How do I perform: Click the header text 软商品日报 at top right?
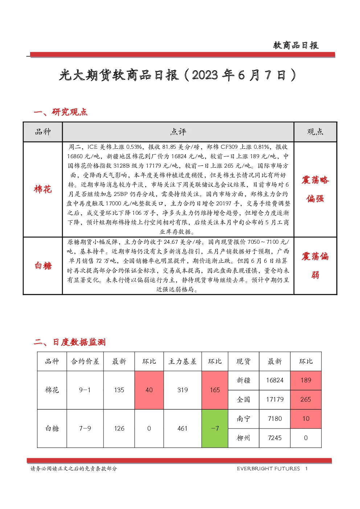(296, 45)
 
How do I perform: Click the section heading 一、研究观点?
(61, 112)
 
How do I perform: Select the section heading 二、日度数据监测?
(70, 342)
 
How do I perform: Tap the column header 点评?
(178, 132)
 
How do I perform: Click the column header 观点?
(315, 132)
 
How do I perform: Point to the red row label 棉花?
(43, 189)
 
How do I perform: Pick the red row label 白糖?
(43, 266)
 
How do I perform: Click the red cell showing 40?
(149, 390)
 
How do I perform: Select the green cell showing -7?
(215, 428)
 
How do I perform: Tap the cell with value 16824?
(275, 380)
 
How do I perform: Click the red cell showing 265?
(306, 399)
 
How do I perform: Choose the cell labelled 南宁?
(244, 419)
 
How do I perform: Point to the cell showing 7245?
(275, 438)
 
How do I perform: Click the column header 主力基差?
(183, 361)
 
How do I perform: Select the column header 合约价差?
(85, 361)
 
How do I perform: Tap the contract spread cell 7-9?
(85, 428)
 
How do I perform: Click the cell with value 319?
(183, 390)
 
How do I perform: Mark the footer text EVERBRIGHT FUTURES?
(268, 469)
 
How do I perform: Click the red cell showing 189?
(306, 380)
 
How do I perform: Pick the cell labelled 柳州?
(244, 438)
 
